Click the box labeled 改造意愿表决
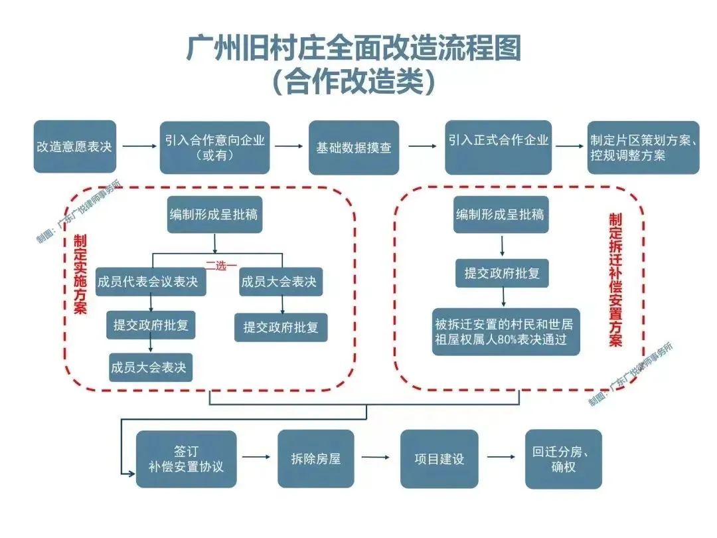[x=74, y=147]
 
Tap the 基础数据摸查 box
[x=354, y=147]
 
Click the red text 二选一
[x=220, y=266]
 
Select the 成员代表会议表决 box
[x=147, y=282]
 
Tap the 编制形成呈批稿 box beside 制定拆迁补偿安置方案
[x=501, y=215]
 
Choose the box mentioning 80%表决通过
[x=507, y=332]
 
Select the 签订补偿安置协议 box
[x=186, y=459]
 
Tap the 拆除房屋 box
[x=316, y=458]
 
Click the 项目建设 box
[x=439, y=458]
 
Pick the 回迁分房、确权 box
[x=563, y=458]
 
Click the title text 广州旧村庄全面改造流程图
[x=354, y=49]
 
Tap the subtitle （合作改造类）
[x=354, y=82]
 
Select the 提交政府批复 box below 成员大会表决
[x=281, y=327]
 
